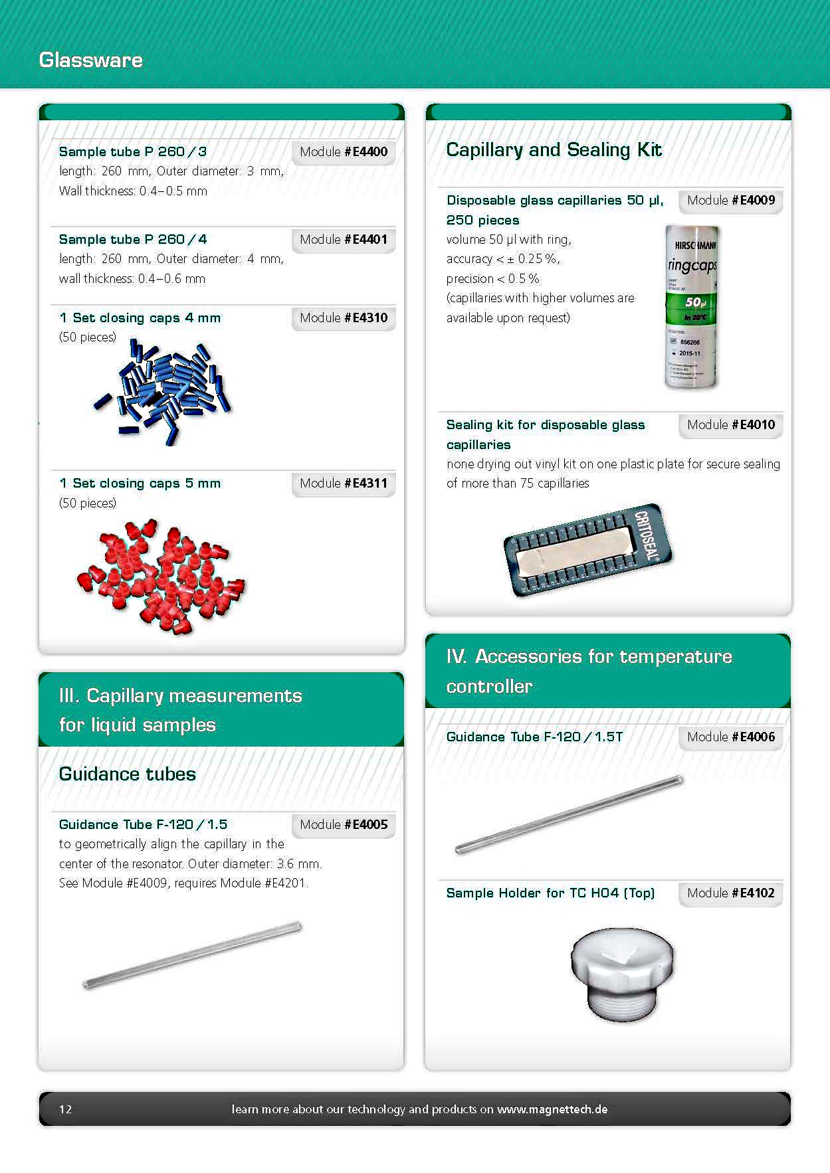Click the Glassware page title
pos(91,60)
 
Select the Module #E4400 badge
pos(343,152)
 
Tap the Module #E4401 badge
pos(343,240)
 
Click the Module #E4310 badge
pos(343,318)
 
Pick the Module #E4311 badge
pos(343,484)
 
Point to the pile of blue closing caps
pos(163,392)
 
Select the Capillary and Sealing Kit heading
pos(554,150)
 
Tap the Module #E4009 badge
pos(730,201)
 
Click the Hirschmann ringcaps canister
pos(692,308)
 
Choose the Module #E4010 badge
pos(730,425)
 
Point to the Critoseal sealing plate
pos(587,550)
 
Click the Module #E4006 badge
pos(730,737)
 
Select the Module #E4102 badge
pos(730,893)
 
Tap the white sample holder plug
pos(622,973)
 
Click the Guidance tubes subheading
pos(128,774)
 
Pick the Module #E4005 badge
pos(343,825)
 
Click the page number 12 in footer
pos(66,1109)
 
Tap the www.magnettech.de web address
pos(552,1109)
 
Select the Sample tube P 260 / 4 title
pos(133,240)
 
